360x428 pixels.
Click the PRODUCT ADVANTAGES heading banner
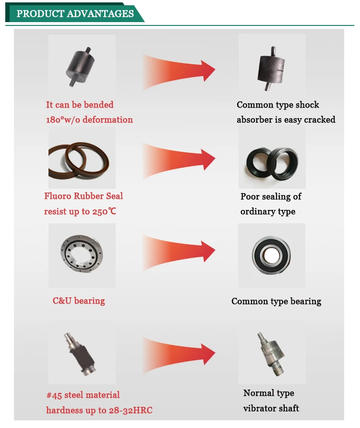pyautogui.click(x=75, y=13)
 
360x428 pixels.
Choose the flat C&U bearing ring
pyautogui.click(x=82, y=255)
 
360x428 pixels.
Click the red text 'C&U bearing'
pyautogui.click(x=79, y=301)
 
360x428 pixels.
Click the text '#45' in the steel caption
pyautogui.click(x=55, y=395)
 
